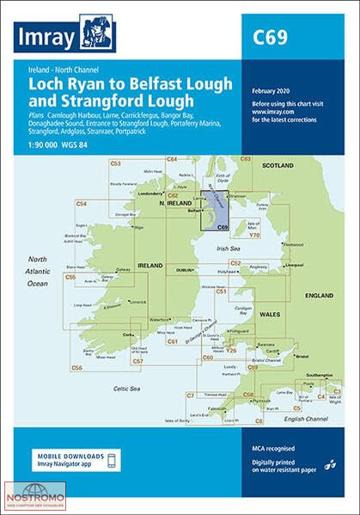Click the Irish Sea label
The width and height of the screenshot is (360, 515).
point(229,248)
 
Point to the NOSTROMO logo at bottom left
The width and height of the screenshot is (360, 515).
point(33,494)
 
